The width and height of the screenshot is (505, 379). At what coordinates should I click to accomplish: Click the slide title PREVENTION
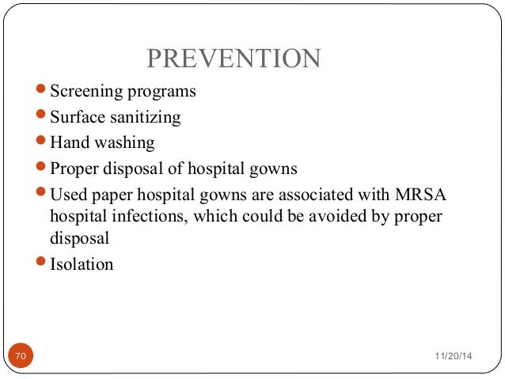(234, 59)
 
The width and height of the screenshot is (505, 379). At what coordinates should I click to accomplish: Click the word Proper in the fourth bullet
(74, 169)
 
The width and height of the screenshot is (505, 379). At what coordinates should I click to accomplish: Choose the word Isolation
(82, 264)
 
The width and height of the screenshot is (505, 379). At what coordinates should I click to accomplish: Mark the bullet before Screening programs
(42, 91)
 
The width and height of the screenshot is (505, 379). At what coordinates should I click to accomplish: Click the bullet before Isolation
(42, 263)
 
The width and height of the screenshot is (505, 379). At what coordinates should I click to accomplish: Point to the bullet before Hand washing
(42, 142)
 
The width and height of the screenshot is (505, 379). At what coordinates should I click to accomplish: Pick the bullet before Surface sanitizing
(42, 117)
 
